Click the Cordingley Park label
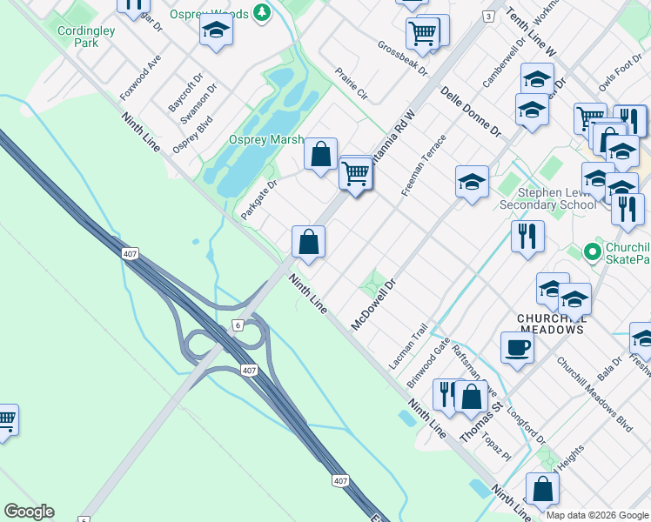86,36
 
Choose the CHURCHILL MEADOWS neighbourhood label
551,324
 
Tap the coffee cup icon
516,348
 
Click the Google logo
29,512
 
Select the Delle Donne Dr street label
471,112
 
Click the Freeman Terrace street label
424,164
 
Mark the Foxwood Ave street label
141,76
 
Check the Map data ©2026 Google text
597,515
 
